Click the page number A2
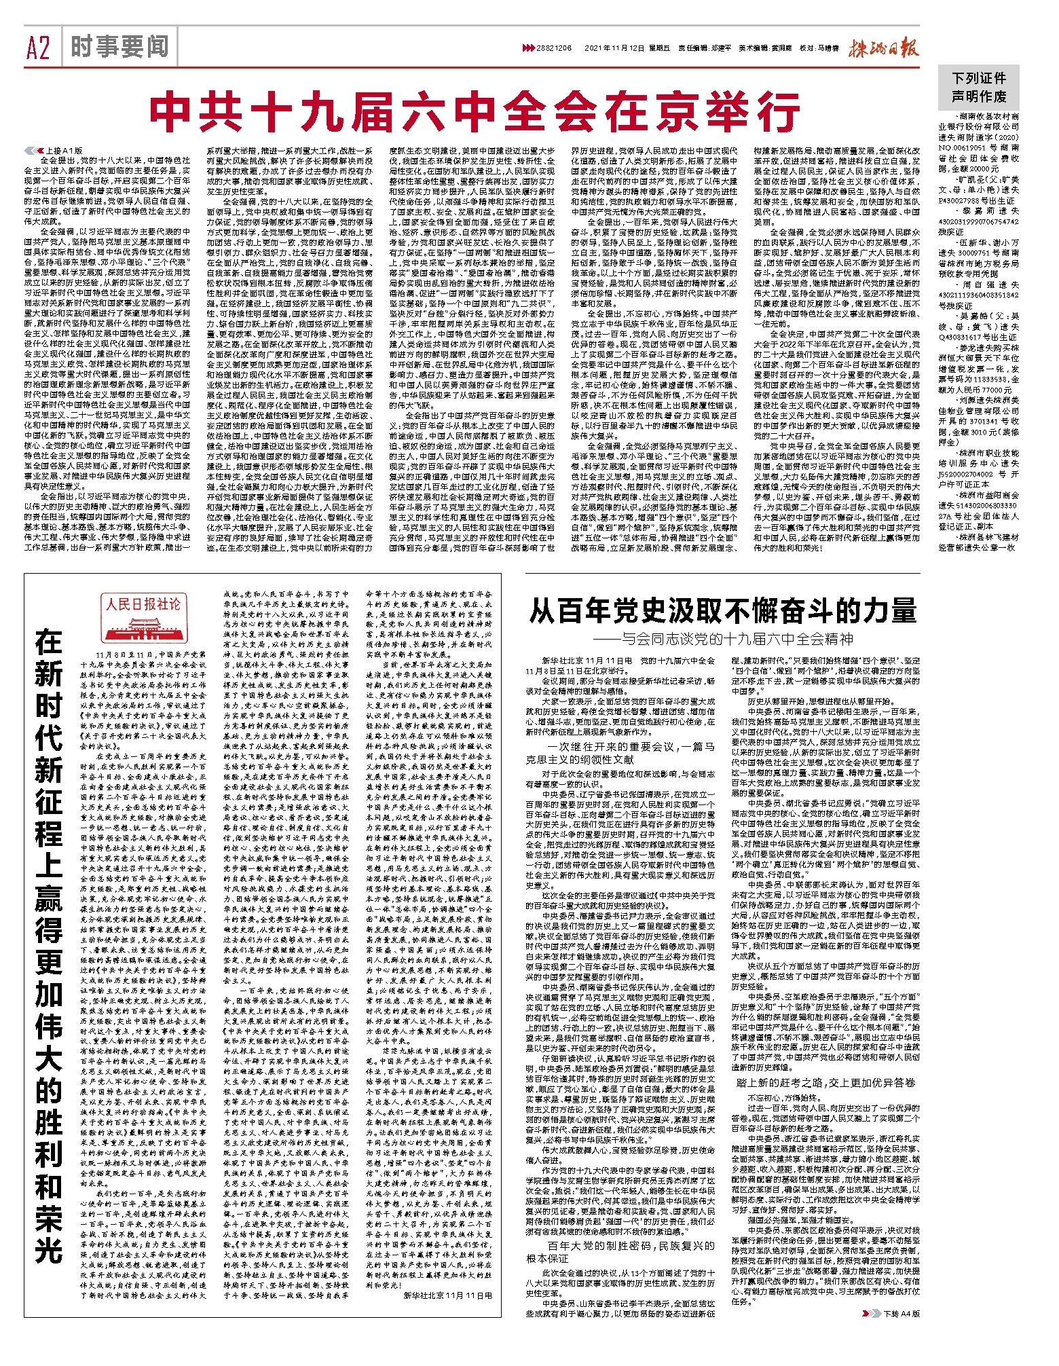point(39,48)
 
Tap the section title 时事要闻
point(119,47)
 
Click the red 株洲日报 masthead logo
point(882,48)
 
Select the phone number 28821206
point(555,49)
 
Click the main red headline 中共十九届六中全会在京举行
point(475,112)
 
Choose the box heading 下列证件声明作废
point(979,88)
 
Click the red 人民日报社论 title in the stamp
point(143,603)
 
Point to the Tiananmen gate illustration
point(143,625)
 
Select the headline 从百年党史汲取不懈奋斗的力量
point(722,611)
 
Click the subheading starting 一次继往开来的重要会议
point(620,752)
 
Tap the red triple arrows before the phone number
point(527,49)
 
